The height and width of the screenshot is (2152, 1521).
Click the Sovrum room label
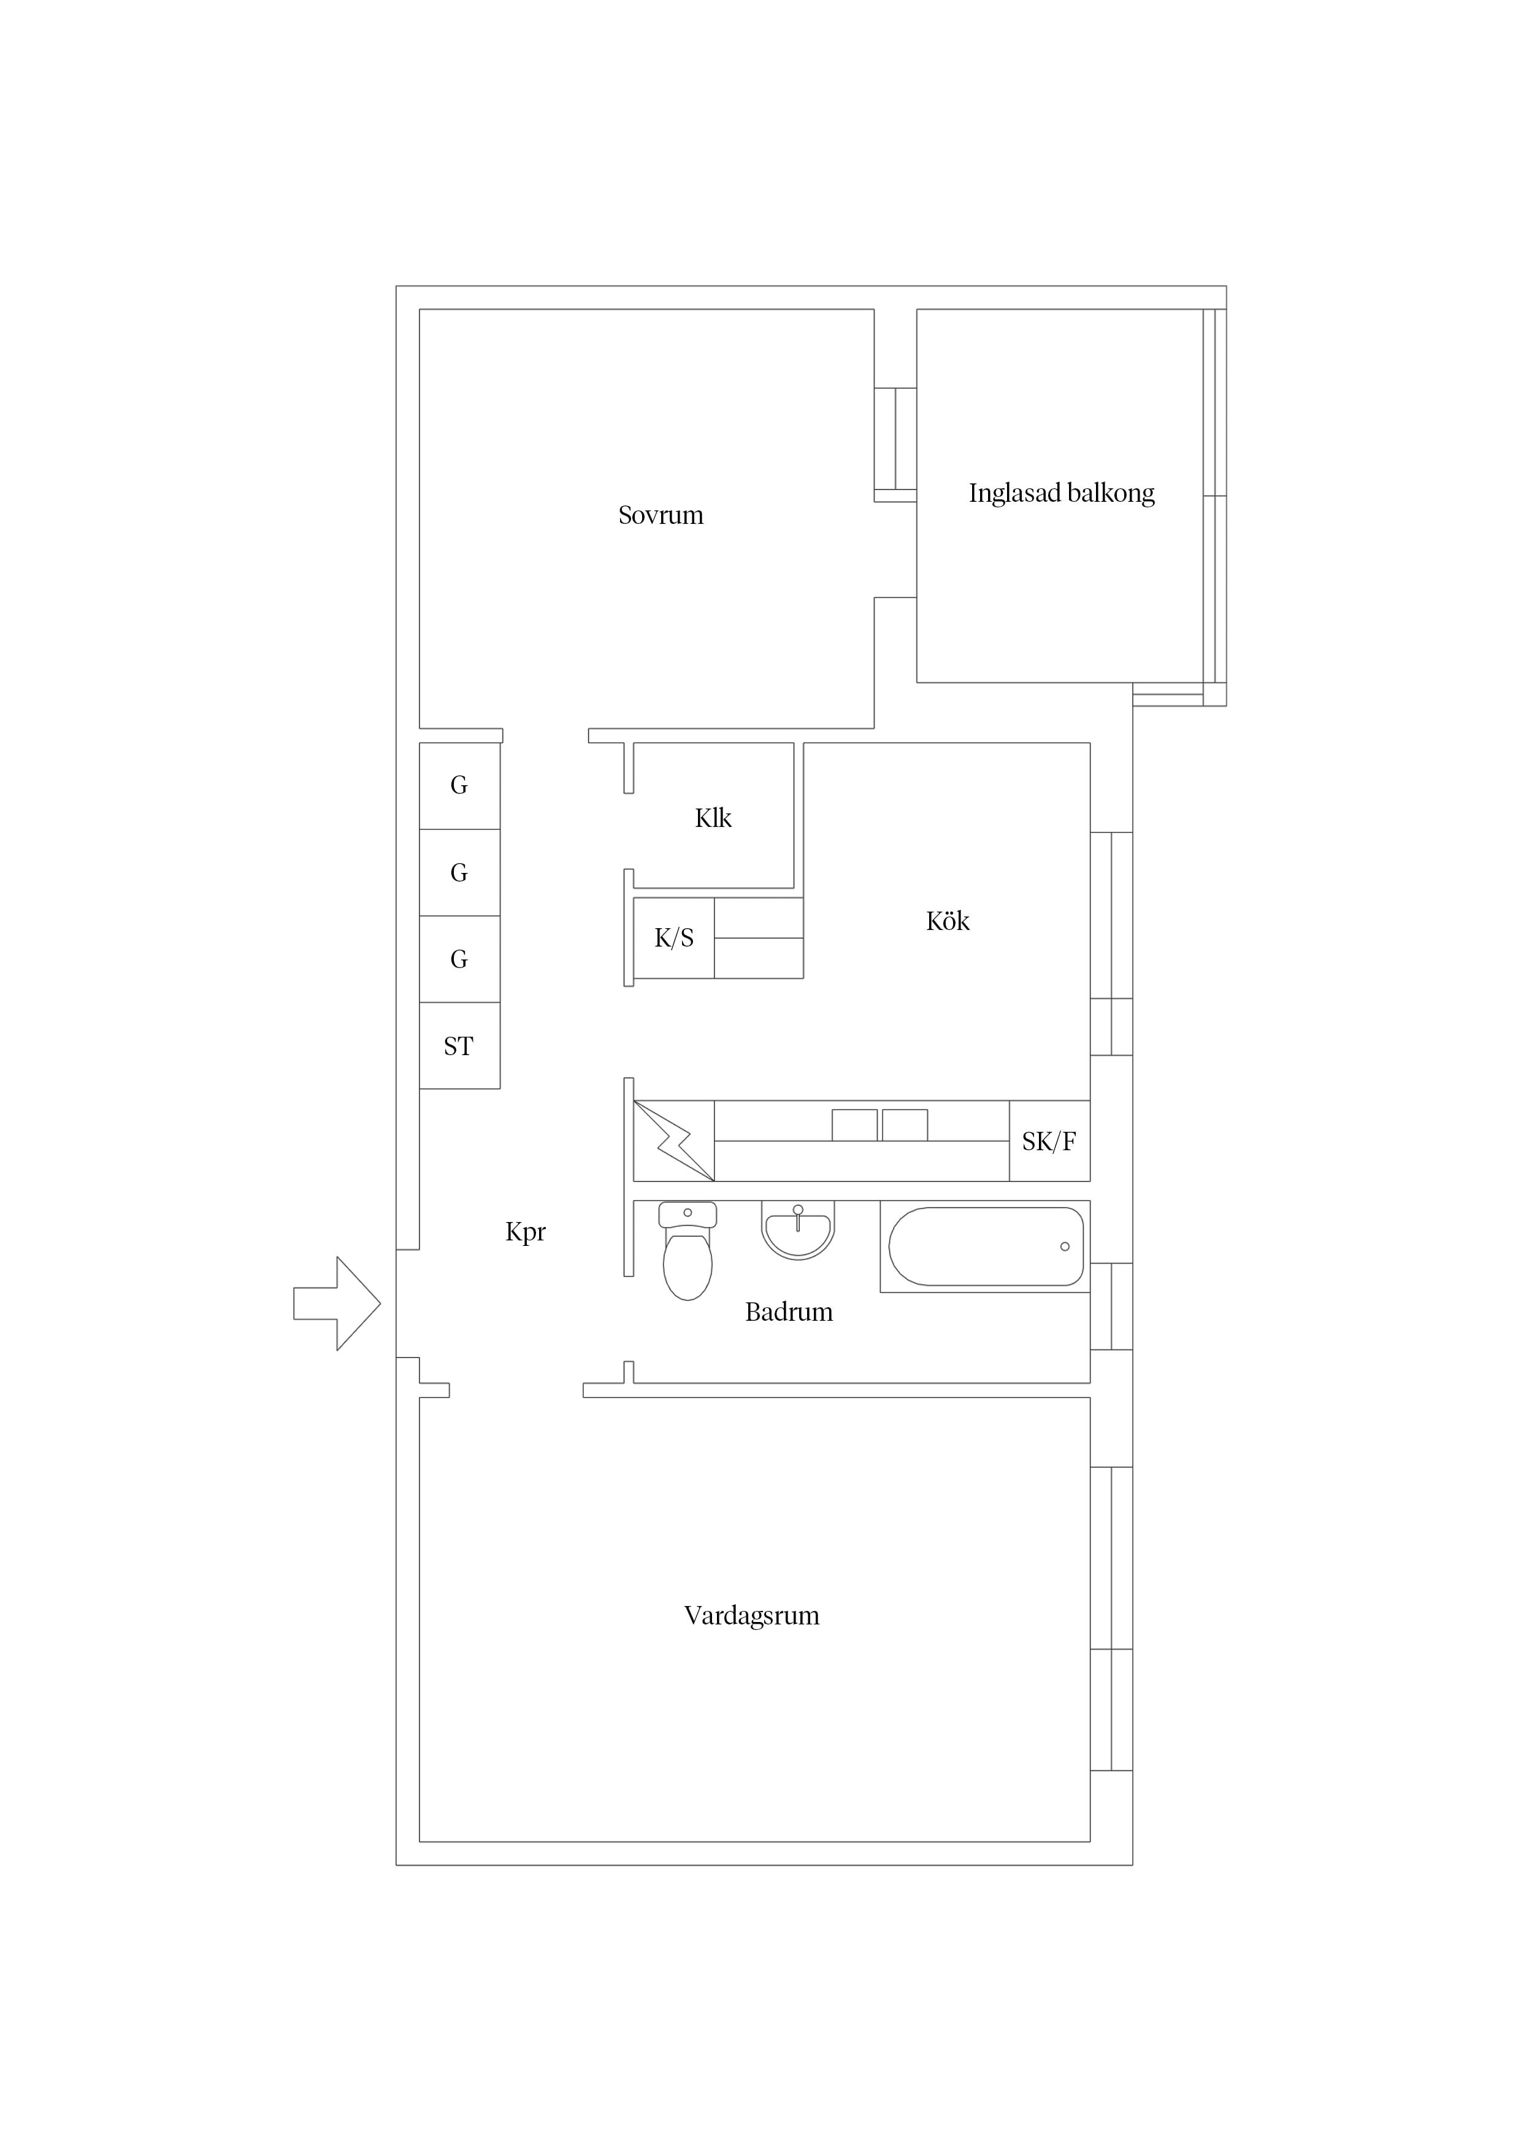[x=661, y=515]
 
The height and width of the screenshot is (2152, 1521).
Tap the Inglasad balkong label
[x=1061, y=493]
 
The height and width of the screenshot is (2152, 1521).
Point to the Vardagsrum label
[x=751, y=1616]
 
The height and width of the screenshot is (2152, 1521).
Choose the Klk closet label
[x=713, y=818]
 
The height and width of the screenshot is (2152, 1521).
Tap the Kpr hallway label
[x=526, y=1232]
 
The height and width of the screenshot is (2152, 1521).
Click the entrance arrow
[x=337, y=1304]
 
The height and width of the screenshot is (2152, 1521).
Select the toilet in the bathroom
[x=688, y=1251]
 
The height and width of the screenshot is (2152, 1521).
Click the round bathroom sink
[x=797, y=1230]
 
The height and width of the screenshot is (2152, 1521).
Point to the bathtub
[x=986, y=1247]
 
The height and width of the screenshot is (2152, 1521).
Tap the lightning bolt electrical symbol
[x=674, y=1140]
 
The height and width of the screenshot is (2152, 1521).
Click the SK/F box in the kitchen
[x=1049, y=1140]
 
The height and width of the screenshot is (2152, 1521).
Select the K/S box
[x=674, y=938]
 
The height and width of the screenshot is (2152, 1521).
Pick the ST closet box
[x=459, y=1046]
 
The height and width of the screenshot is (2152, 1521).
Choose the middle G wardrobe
[x=459, y=872]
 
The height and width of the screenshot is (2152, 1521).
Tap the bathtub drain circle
[x=1065, y=1247]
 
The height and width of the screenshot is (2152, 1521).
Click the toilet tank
[x=688, y=1215]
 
